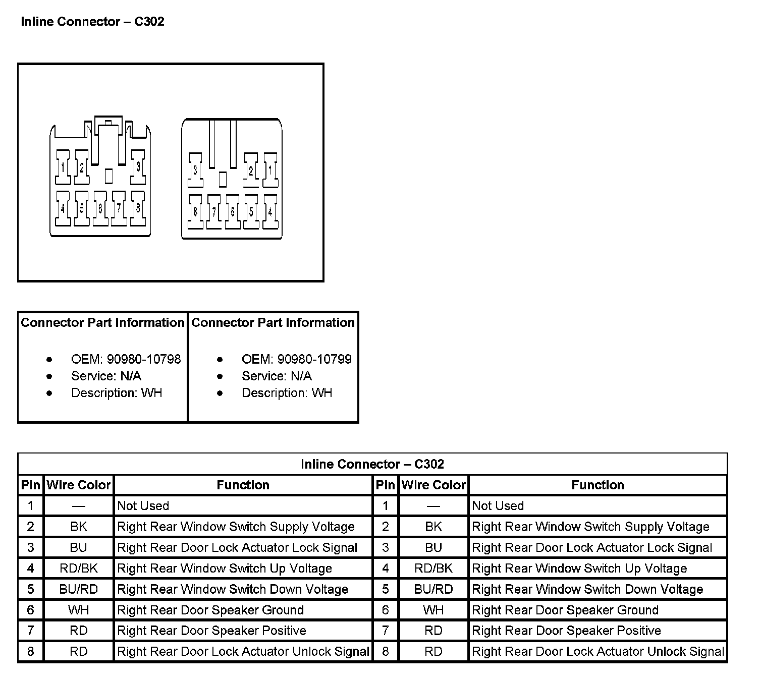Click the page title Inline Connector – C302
tap(92, 22)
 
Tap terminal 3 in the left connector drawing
tap(138, 166)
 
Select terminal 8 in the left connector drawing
tap(138, 207)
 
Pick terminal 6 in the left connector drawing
tap(100, 208)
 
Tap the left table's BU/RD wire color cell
tap(79, 589)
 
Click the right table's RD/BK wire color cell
tap(433, 569)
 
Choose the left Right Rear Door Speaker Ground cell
tap(210, 610)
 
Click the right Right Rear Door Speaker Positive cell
tap(566, 631)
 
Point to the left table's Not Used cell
tap(143, 506)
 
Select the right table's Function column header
tap(598, 485)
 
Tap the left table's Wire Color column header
tap(79, 485)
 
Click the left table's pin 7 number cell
tap(31, 631)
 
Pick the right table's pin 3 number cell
tap(386, 548)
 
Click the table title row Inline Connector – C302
tap(372, 464)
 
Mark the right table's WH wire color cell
tap(433, 610)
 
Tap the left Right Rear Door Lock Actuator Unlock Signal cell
tap(243, 651)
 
